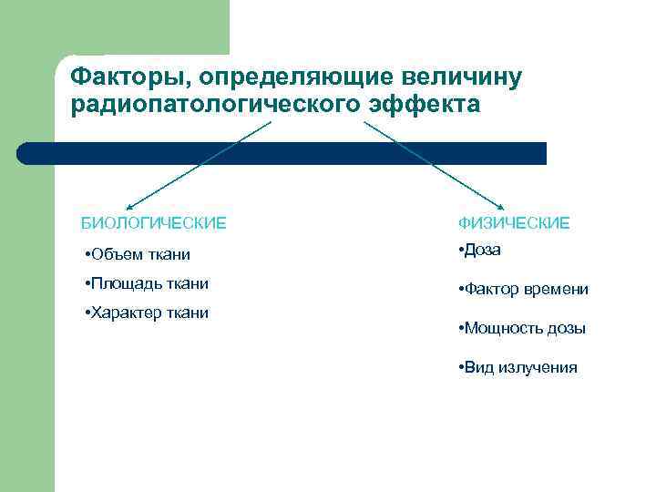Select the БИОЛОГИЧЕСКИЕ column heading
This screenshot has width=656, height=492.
154,222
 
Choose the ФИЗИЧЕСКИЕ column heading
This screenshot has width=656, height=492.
514,222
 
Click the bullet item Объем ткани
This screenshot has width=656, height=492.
136,253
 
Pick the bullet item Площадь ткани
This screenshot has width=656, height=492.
145,283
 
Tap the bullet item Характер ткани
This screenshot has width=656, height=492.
145,313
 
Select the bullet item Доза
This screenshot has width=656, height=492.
480,250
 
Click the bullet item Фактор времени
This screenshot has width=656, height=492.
523,290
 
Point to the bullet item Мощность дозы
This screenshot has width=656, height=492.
522,328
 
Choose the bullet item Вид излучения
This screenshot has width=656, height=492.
518,367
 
